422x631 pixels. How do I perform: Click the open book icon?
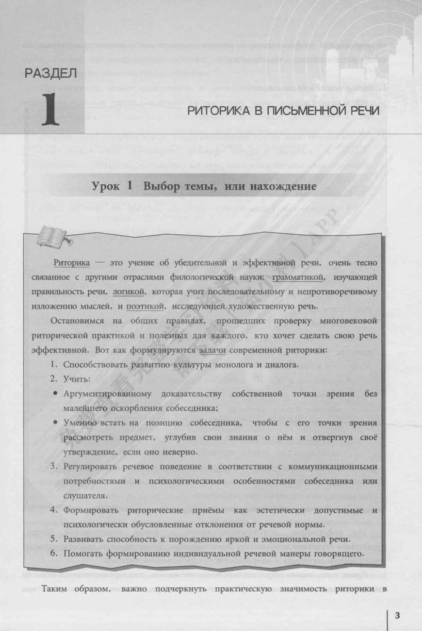tap(53, 235)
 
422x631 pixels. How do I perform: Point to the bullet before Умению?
tap(56, 423)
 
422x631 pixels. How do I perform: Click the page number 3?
tap(397, 616)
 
